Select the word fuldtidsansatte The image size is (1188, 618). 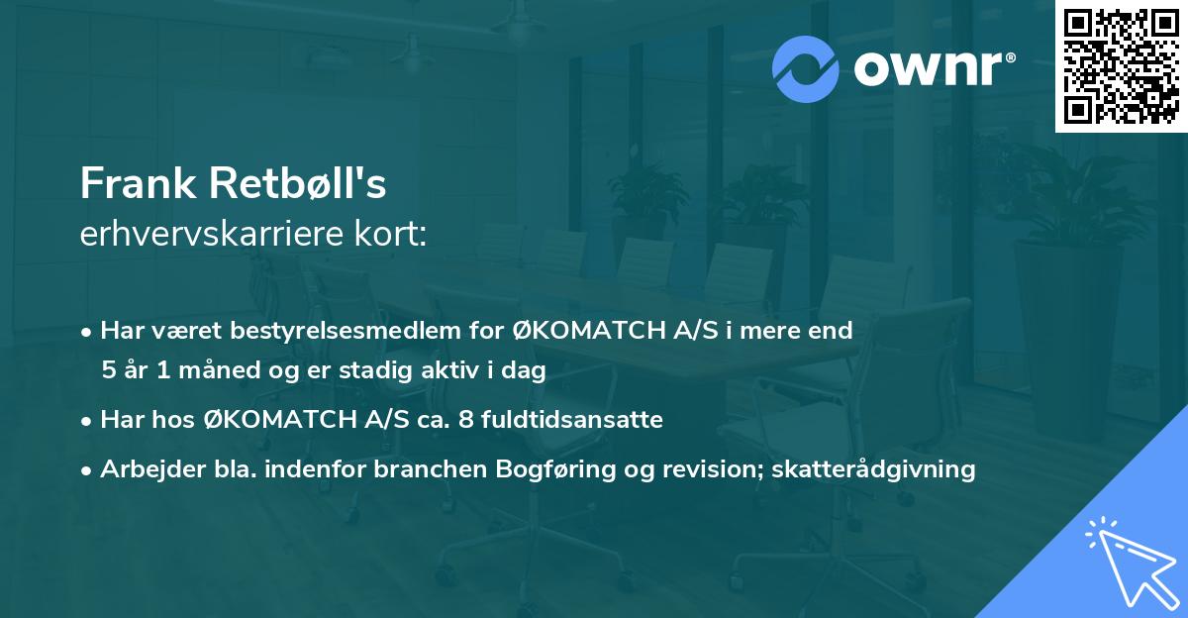[x=576, y=420]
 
